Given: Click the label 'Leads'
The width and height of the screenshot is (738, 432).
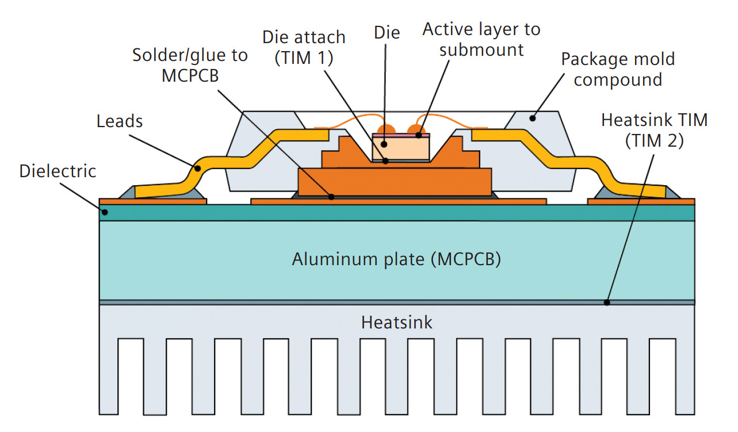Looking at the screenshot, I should [120, 121].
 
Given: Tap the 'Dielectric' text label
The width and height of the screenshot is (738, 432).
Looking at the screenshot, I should [58, 171].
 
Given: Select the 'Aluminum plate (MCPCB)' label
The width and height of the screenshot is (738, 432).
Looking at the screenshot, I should [396, 259].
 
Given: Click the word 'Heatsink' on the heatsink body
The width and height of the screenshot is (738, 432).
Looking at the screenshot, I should [396, 322].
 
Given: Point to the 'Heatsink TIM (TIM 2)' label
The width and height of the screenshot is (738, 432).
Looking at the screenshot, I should [654, 131].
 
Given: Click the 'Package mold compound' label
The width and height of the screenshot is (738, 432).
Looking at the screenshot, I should [618, 69].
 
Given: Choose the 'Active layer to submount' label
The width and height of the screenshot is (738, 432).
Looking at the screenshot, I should [481, 39].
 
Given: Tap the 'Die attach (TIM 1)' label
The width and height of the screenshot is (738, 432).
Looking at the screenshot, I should [304, 47].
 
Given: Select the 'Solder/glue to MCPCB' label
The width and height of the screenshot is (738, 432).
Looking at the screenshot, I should [190, 65].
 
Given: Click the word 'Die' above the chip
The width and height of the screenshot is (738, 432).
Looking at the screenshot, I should [387, 32].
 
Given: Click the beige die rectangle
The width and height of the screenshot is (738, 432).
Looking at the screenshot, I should [401, 148].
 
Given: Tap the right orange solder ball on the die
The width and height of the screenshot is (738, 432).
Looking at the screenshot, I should [416, 129].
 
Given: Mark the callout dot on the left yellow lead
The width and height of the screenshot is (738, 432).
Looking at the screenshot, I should [197, 169].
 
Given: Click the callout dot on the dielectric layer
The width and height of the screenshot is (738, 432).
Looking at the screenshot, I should [104, 212].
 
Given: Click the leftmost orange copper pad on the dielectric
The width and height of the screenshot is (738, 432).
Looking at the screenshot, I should [152, 201].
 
